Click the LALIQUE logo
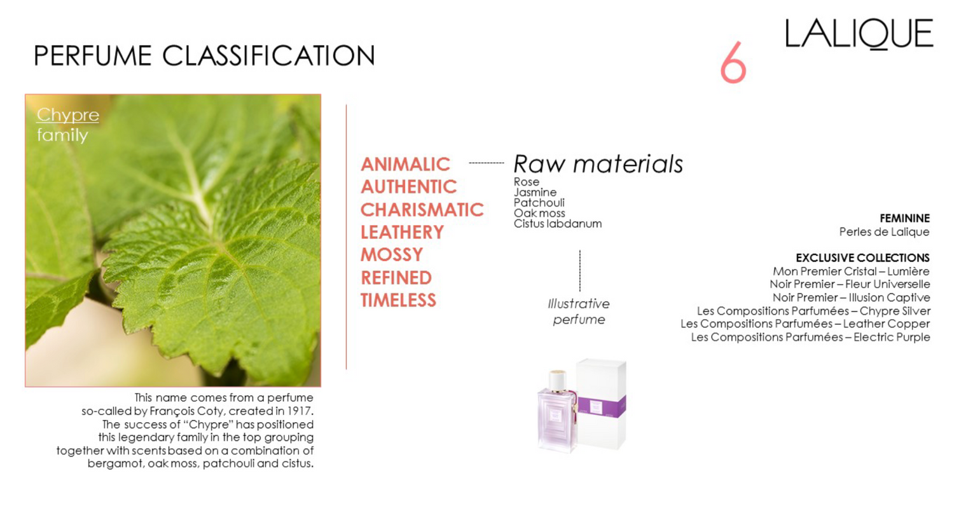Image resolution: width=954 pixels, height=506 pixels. (859, 34)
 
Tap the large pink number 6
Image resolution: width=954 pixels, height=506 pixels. (733, 62)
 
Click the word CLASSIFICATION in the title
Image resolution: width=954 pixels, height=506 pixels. (268, 55)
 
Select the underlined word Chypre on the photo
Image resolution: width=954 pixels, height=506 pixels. (67, 115)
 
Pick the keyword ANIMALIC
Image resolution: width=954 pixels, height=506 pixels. (405, 164)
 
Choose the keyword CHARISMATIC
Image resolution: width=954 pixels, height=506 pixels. (422, 209)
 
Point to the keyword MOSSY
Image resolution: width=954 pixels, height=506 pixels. (392, 254)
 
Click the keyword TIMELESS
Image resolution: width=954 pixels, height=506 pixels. (398, 300)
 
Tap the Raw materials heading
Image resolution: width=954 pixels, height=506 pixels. (598, 164)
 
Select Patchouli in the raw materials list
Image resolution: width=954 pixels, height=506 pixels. (539, 203)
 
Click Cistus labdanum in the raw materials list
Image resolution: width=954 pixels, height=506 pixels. (558, 223)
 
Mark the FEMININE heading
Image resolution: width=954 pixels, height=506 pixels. (904, 218)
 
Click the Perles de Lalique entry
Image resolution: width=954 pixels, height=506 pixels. (884, 232)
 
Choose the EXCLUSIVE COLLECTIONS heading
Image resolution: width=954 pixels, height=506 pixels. (862, 258)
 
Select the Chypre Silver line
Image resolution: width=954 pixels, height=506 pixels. (813, 311)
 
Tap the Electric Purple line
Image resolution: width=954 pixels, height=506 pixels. (810, 338)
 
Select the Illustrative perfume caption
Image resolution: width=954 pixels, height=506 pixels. (579, 311)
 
